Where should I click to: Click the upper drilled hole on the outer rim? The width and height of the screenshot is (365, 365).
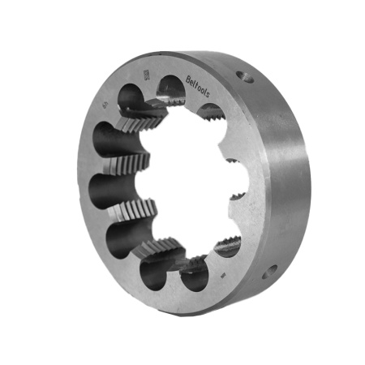click(x=242, y=76)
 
